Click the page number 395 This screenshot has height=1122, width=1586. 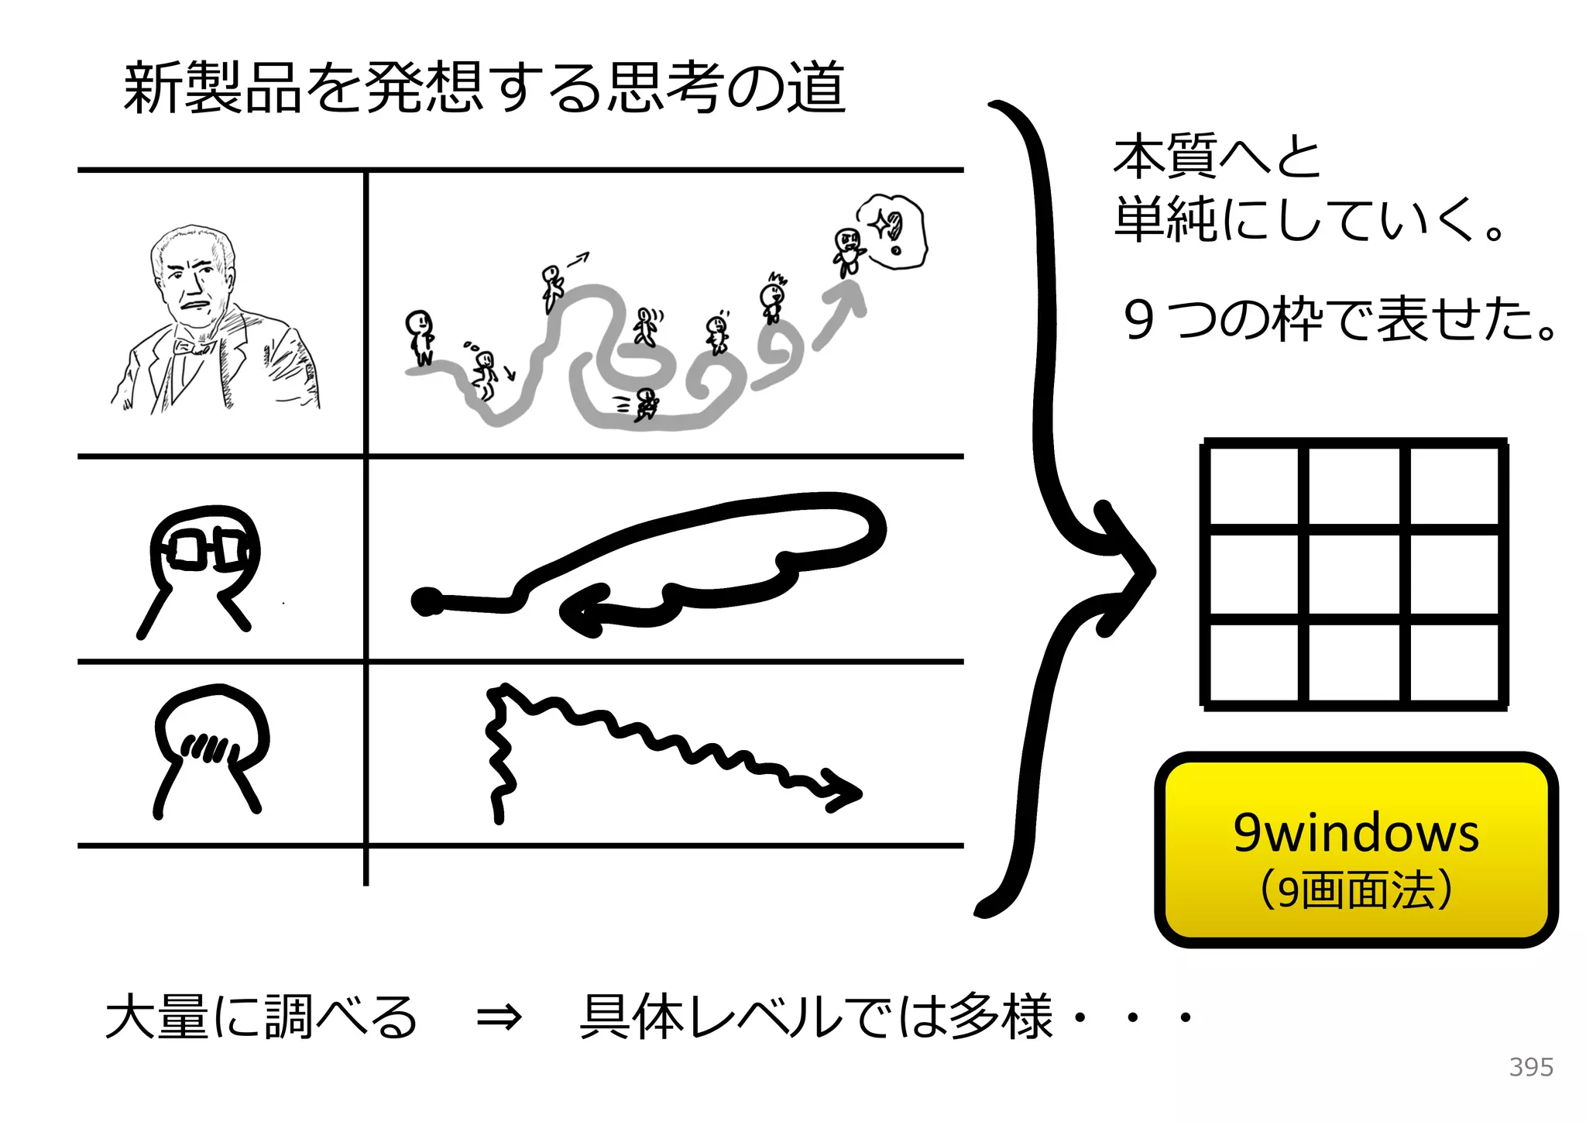click(1530, 1067)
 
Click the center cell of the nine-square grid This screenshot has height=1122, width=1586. click(1354, 573)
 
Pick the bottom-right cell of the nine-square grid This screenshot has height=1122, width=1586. click(1454, 663)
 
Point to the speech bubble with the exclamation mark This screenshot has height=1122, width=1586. click(892, 231)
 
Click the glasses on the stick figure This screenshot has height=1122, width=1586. click(206, 549)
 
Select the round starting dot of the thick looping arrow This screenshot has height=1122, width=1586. click(426, 602)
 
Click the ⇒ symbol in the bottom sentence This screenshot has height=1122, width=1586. click(498, 1017)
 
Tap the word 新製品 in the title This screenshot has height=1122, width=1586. click(212, 88)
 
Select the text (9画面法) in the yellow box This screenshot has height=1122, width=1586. click(1355, 890)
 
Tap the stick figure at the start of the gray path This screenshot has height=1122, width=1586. click(421, 336)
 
